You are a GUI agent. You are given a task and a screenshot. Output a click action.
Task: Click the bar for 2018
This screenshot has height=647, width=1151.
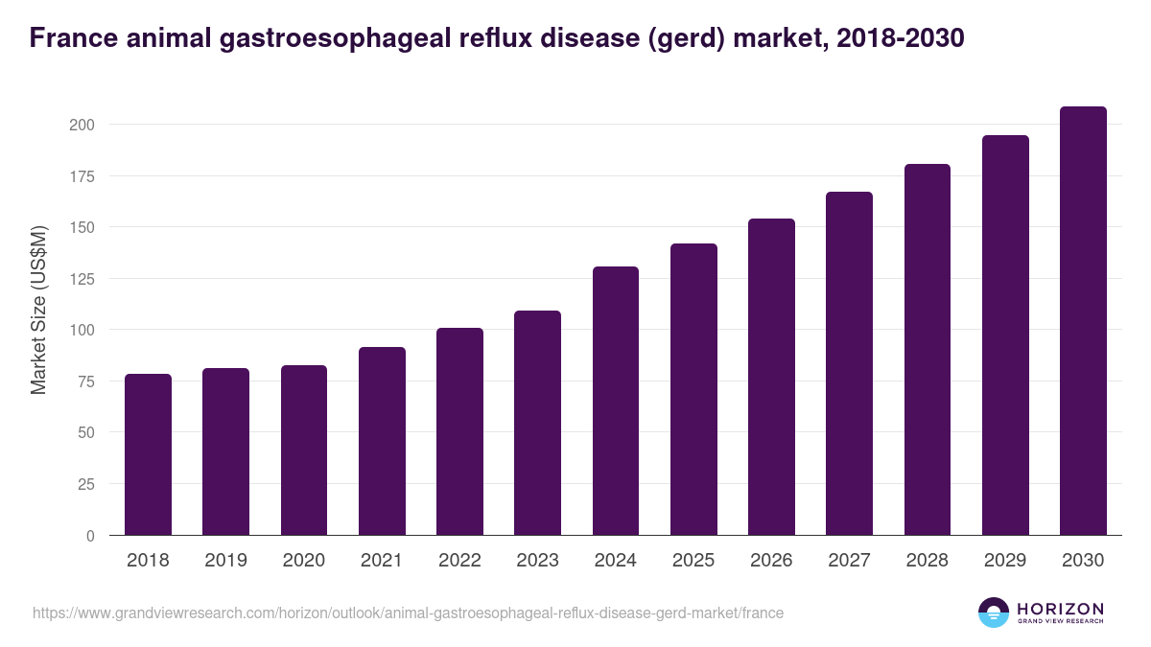(148, 454)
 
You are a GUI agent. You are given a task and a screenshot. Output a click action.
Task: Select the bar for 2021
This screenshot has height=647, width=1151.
(382, 441)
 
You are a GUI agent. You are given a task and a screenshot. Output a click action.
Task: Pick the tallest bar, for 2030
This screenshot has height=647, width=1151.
(1083, 321)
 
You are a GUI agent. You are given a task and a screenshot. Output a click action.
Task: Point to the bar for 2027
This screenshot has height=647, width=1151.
(849, 363)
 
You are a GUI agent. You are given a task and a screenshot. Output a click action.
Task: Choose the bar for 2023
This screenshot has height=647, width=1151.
(537, 423)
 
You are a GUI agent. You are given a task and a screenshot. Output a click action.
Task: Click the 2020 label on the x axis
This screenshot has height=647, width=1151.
(303, 561)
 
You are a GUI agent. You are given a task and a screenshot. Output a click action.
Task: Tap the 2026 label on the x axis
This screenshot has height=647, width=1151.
(771, 561)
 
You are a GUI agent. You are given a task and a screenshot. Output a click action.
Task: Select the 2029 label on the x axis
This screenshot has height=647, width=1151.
(1005, 561)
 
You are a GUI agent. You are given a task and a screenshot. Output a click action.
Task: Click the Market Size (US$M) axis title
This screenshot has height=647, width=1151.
(38, 311)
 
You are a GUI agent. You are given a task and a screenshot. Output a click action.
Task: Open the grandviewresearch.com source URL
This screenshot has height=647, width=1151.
(408, 612)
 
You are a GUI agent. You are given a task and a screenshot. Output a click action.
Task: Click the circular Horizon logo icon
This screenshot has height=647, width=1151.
(994, 612)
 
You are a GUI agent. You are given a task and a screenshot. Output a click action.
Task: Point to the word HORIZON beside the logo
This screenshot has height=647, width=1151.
(1060, 609)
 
